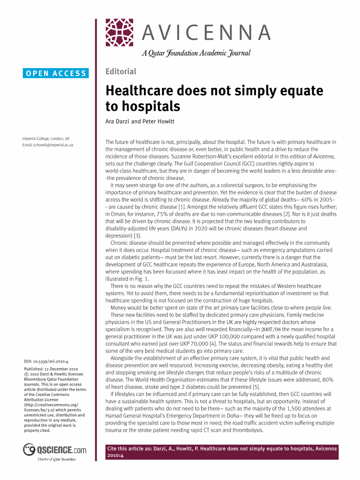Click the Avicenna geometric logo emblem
click(x=120, y=33)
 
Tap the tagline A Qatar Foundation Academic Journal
click(x=196, y=53)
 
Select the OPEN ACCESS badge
click(x=56, y=73)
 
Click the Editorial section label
click(x=121, y=71)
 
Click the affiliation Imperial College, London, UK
click(x=46, y=139)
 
